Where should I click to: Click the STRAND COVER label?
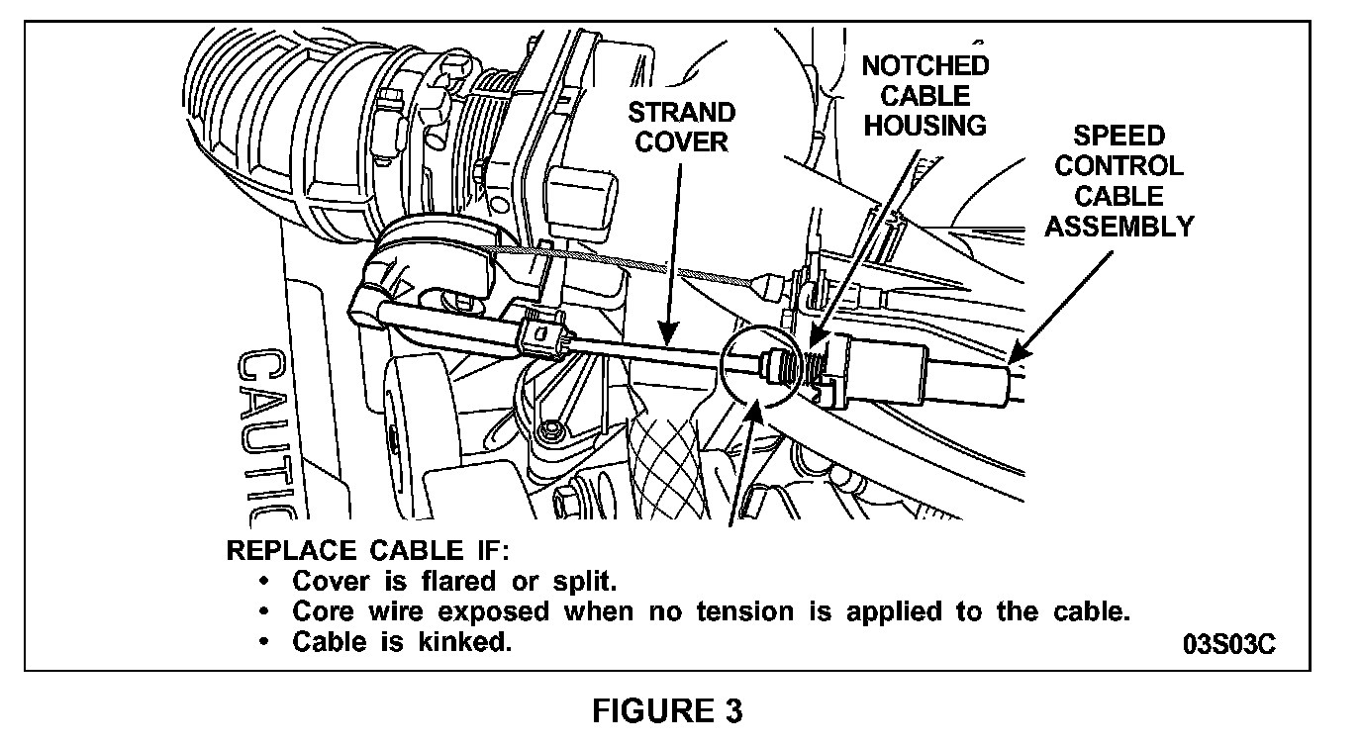click(x=681, y=127)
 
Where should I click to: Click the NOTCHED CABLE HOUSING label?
click(x=924, y=96)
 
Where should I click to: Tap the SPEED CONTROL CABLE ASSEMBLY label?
click(x=1119, y=181)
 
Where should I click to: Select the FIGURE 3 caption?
click(x=668, y=711)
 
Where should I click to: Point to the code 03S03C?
click(x=1228, y=643)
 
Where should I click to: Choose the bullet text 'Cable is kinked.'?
click(x=402, y=642)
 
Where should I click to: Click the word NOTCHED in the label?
click(x=924, y=66)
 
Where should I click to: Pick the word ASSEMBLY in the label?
click(x=1119, y=227)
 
